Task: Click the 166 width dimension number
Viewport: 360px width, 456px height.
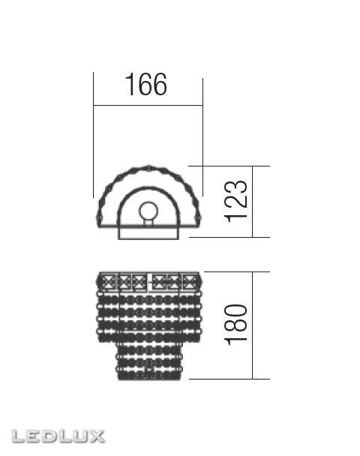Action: point(146,85)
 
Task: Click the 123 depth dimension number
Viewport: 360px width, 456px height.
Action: point(236,201)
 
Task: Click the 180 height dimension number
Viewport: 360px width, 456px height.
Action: point(236,325)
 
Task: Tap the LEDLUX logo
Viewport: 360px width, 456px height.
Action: point(58,436)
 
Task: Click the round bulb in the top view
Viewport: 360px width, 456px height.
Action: point(148,211)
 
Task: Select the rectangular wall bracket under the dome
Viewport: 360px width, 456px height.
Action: point(148,233)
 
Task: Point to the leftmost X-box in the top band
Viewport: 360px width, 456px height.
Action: point(108,281)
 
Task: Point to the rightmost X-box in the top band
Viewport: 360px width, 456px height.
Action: point(189,281)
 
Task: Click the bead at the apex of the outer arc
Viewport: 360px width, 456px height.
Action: point(148,168)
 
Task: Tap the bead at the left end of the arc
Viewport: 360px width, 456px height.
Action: point(99,217)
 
